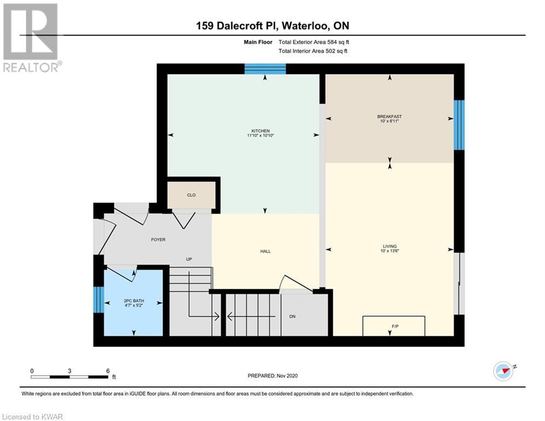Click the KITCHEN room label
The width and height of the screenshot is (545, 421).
pyautogui.click(x=260, y=131)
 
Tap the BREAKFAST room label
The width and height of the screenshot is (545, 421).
pyautogui.click(x=389, y=117)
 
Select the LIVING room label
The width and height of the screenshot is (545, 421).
pyautogui.click(x=389, y=246)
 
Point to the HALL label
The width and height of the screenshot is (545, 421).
pyautogui.click(x=265, y=251)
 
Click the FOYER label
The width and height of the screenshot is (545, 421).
pyautogui.click(x=158, y=240)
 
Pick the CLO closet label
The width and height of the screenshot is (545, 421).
pyautogui.click(x=191, y=195)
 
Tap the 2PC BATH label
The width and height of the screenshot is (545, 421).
pyautogui.click(x=134, y=301)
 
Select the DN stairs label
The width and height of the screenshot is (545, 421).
pyautogui.click(x=292, y=317)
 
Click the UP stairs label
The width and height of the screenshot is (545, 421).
pyautogui.click(x=189, y=259)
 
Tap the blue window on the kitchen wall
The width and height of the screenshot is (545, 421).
pyautogui.click(x=265, y=69)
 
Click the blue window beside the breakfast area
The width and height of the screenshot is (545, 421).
pyautogui.click(x=459, y=125)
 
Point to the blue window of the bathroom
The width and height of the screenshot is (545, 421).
pyautogui.click(x=99, y=299)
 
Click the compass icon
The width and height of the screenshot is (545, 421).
pyautogui.click(x=503, y=371)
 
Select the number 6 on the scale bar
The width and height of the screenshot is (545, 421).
pyautogui.click(x=108, y=371)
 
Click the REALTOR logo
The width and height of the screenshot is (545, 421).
pyautogui.click(x=31, y=38)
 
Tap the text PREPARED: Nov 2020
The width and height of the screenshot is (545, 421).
pyautogui.click(x=273, y=376)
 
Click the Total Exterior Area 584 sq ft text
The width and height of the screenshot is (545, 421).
pyautogui.click(x=313, y=42)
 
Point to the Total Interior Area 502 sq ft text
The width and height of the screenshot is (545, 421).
pyautogui.click(x=313, y=51)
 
